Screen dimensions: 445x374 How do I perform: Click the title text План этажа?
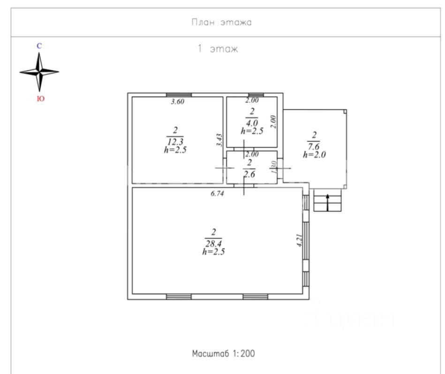click(x=222, y=22)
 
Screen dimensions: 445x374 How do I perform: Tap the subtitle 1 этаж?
click(x=218, y=49)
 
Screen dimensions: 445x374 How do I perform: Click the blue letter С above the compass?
click(x=39, y=46)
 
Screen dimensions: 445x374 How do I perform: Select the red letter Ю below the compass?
click(x=41, y=99)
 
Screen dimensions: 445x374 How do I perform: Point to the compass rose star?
click(x=39, y=72)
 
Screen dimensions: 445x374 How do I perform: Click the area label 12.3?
click(x=175, y=141)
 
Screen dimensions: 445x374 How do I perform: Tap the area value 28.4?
click(x=214, y=244)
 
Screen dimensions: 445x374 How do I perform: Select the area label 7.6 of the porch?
click(x=314, y=146)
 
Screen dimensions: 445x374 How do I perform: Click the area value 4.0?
click(x=252, y=123)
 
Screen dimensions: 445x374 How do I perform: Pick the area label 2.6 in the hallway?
click(x=249, y=174)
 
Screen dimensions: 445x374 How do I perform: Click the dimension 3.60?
click(x=178, y=101)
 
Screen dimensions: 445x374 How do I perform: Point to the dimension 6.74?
click(x=218, y=194)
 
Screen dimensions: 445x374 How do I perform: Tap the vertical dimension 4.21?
click(x=300, y=240)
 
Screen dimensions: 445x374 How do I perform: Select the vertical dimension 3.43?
click(x=219, y=140)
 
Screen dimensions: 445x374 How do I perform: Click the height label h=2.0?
click(x=314, y=155)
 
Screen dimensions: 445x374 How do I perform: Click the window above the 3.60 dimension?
click(x=179, y=95)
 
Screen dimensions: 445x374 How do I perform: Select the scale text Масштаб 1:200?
click(x=223, y=353)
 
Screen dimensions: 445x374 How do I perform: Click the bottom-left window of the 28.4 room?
click(x=179, y=297)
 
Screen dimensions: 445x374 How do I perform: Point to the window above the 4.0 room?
click(x=256, y=95)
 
